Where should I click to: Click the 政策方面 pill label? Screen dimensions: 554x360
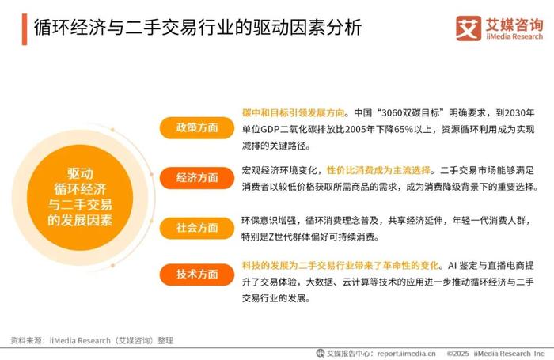(x=197, y=127)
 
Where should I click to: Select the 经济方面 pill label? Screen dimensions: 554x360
(x=197, y=178)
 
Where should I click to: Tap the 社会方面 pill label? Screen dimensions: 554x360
(x=197, y=228)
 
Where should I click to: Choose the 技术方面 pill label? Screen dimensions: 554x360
(x=197, y=274)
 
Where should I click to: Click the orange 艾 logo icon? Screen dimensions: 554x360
(x=469, y=28)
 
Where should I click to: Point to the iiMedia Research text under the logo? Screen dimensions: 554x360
(x=514, y=36)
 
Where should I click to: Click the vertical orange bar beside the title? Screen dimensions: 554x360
(x=25, y=29)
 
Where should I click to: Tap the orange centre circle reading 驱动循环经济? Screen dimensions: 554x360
(x=80, y=197)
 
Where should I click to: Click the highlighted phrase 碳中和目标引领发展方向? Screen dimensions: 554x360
(x=294, y=112)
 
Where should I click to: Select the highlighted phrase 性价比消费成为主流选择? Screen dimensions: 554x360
(x=378, y=170)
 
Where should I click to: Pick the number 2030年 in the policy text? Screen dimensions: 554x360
(x=519, y=112)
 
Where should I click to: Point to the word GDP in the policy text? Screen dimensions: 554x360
(x=270, y=129)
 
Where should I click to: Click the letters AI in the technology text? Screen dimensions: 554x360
(x=453, y=266)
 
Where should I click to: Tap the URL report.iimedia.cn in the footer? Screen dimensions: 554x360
(x=406, y=354)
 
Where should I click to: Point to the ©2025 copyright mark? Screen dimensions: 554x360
(x=458, y=354)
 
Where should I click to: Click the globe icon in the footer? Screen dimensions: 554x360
(x=320, y=353)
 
